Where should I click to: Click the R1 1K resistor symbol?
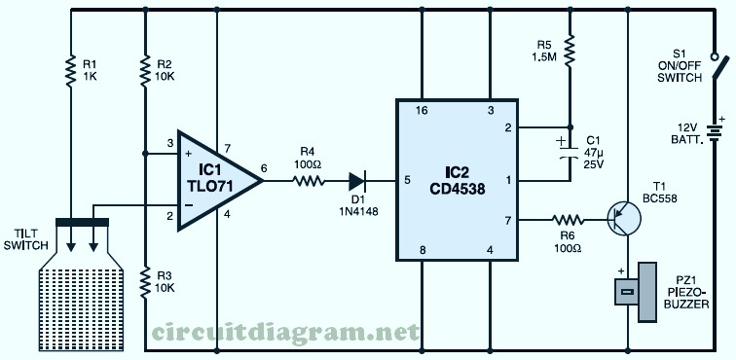pyautogui.click(x=70, y=71)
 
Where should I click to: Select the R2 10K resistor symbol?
pyautogui.click(x=145, y=71)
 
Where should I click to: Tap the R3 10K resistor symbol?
pyautogui.click(x=145, y=283)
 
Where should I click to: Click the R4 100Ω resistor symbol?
pyautogui.click(x=308, y=181)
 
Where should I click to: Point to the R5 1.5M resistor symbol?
pyautogui.click(x=570, y=50)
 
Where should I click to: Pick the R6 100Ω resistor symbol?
pyautogui.click(x=568, y=220)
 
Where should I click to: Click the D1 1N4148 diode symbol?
pyautogui.click(x=357, y=181)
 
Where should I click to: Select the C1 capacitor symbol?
pyautogui.click(x=570, y=150)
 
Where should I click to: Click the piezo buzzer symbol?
pyautogui.click(x=636, y=292)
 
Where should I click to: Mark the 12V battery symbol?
pyautogui.click(x=715, y=133)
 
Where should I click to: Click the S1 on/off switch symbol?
pyautogui.click(x=718, y=66)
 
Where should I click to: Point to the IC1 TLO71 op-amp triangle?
pyautogui.click(x=218, y=181)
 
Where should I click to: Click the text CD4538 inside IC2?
pyautogui.click(x=457, y=190)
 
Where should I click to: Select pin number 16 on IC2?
pyautogui.click(x=421, y=111)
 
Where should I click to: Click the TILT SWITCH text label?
pyautogui.click(x=26, y=239)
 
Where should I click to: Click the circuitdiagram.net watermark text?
pyautogui.click(x=284, y=333)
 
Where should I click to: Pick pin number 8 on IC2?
pyautogui.click(x=423, y=250)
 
